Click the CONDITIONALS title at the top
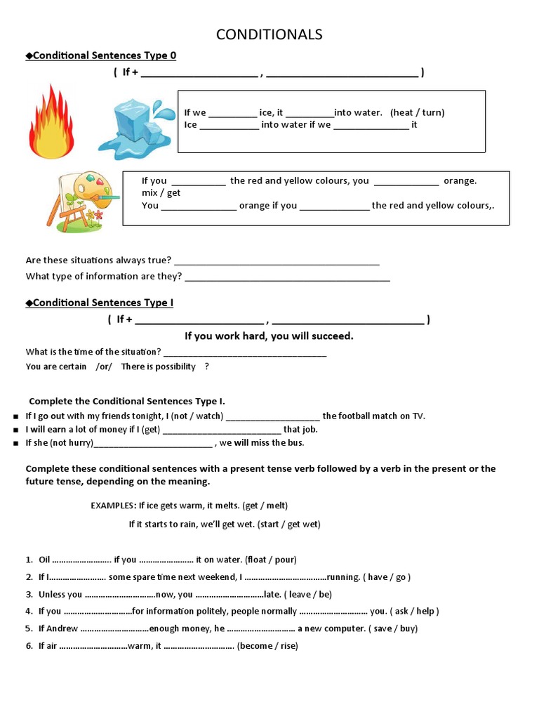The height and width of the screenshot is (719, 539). point(269,34)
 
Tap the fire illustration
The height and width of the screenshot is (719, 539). point(51,121)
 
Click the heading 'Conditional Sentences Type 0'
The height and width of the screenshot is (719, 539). point(105,56)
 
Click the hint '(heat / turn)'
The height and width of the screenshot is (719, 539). point(418,112)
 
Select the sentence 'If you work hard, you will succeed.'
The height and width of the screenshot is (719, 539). point(269,336)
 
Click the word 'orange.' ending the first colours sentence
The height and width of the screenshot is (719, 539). point(460,180)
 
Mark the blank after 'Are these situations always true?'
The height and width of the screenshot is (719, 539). point(277,261)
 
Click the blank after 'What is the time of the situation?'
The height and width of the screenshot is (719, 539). point(245,352)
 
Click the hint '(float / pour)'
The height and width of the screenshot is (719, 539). point(271,560)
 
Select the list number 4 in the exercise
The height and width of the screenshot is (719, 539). point(29,612)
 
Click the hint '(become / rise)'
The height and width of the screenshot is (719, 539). point(267,646)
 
